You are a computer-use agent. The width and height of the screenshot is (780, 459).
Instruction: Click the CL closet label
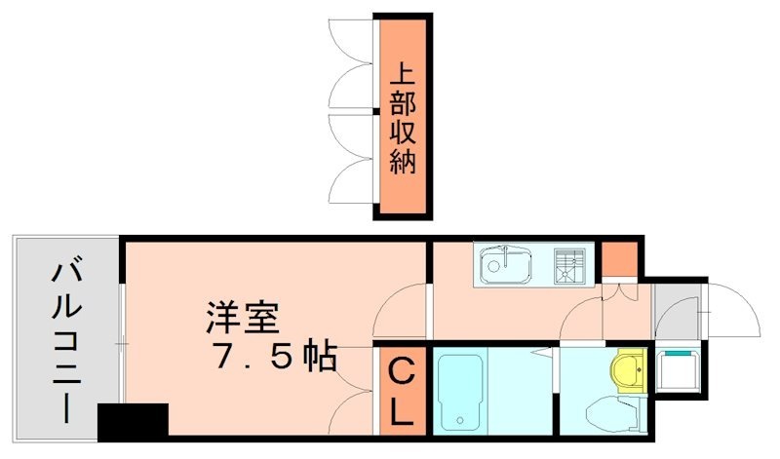click(402, 390)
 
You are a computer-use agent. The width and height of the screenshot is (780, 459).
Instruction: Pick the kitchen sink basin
click(505, 264)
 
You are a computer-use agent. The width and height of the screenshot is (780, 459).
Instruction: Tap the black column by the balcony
click(133, 421)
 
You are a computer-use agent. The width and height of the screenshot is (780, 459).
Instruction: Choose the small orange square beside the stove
click(618, 258)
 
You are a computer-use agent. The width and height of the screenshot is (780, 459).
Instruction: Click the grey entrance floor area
click(675, 311)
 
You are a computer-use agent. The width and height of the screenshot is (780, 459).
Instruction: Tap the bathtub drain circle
click(459, 421)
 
